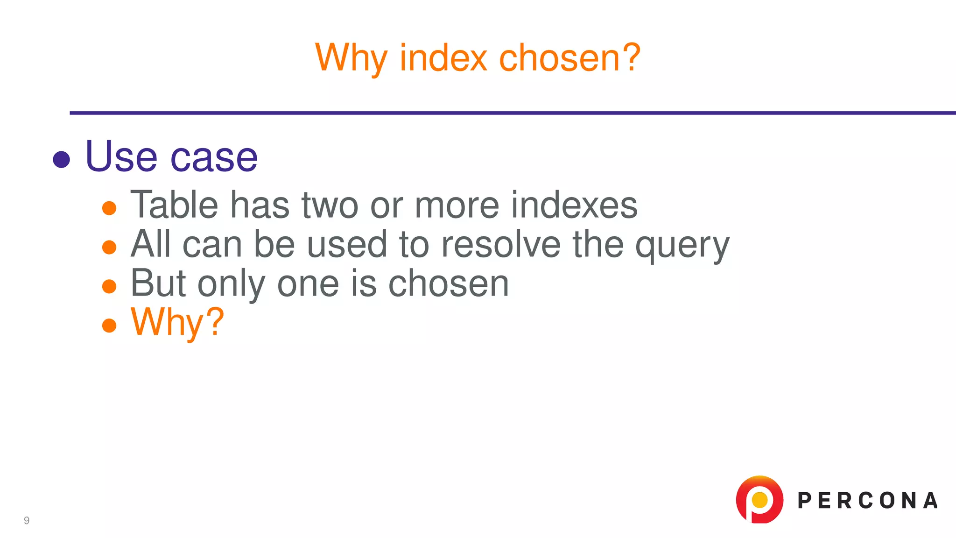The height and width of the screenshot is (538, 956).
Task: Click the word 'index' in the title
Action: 443,58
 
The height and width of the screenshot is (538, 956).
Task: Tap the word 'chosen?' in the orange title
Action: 570,58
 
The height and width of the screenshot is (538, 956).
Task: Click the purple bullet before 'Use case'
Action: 62,159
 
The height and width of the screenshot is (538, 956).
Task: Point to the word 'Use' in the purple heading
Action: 121,157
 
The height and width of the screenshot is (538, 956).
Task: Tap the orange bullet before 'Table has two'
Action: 109,208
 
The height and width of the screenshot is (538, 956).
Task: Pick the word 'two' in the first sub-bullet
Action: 330,205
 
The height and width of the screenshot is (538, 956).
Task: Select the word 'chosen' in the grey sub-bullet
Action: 449,283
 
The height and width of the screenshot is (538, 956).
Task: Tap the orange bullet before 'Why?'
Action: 109,325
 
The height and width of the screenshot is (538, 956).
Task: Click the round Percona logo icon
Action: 759,500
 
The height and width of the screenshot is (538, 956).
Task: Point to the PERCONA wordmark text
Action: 867,501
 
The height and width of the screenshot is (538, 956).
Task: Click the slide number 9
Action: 27,520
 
